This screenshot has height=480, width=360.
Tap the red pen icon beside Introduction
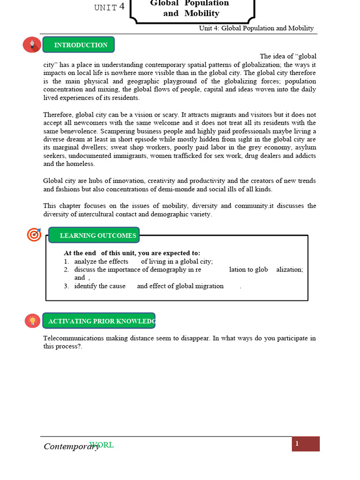pyautogui.click(x=32, y=45)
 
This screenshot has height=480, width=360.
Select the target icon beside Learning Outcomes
pyautogui.click(x=34, y=234)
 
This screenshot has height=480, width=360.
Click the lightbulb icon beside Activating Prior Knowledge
pyautogui.click(x=32, y=321)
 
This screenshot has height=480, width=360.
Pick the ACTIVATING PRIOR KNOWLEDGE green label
pyautogui.click(x=99, y=322)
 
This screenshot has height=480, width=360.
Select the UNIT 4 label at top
pyautogui.click(x=109, y=7)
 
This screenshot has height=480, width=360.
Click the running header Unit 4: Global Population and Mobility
pyautogui.click(x=256, y=28)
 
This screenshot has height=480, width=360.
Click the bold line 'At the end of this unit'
pyautogui.click(x=132, y=253)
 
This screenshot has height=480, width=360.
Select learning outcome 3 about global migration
pyautogui.click(x=149, y=286)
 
